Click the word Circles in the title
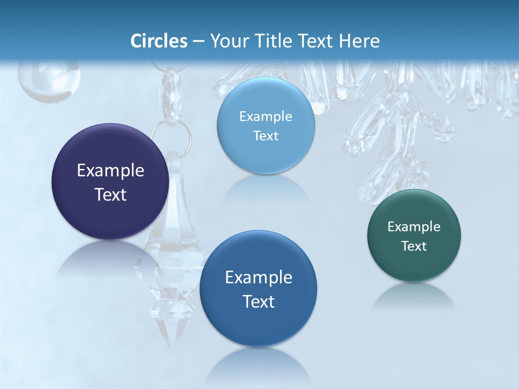[x=158, y=41]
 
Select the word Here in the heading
[x=360, y=41]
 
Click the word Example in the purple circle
[x=110, y=171]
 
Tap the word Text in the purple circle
[x=110, y=194]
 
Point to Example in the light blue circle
[x=265, y=117]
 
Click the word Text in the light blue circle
[x=265, y=136]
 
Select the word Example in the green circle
[x=414, y=227]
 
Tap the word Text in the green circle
[x=414, y=246]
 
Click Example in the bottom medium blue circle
[x=258, y=278]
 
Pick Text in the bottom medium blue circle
[x=258, y=301]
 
